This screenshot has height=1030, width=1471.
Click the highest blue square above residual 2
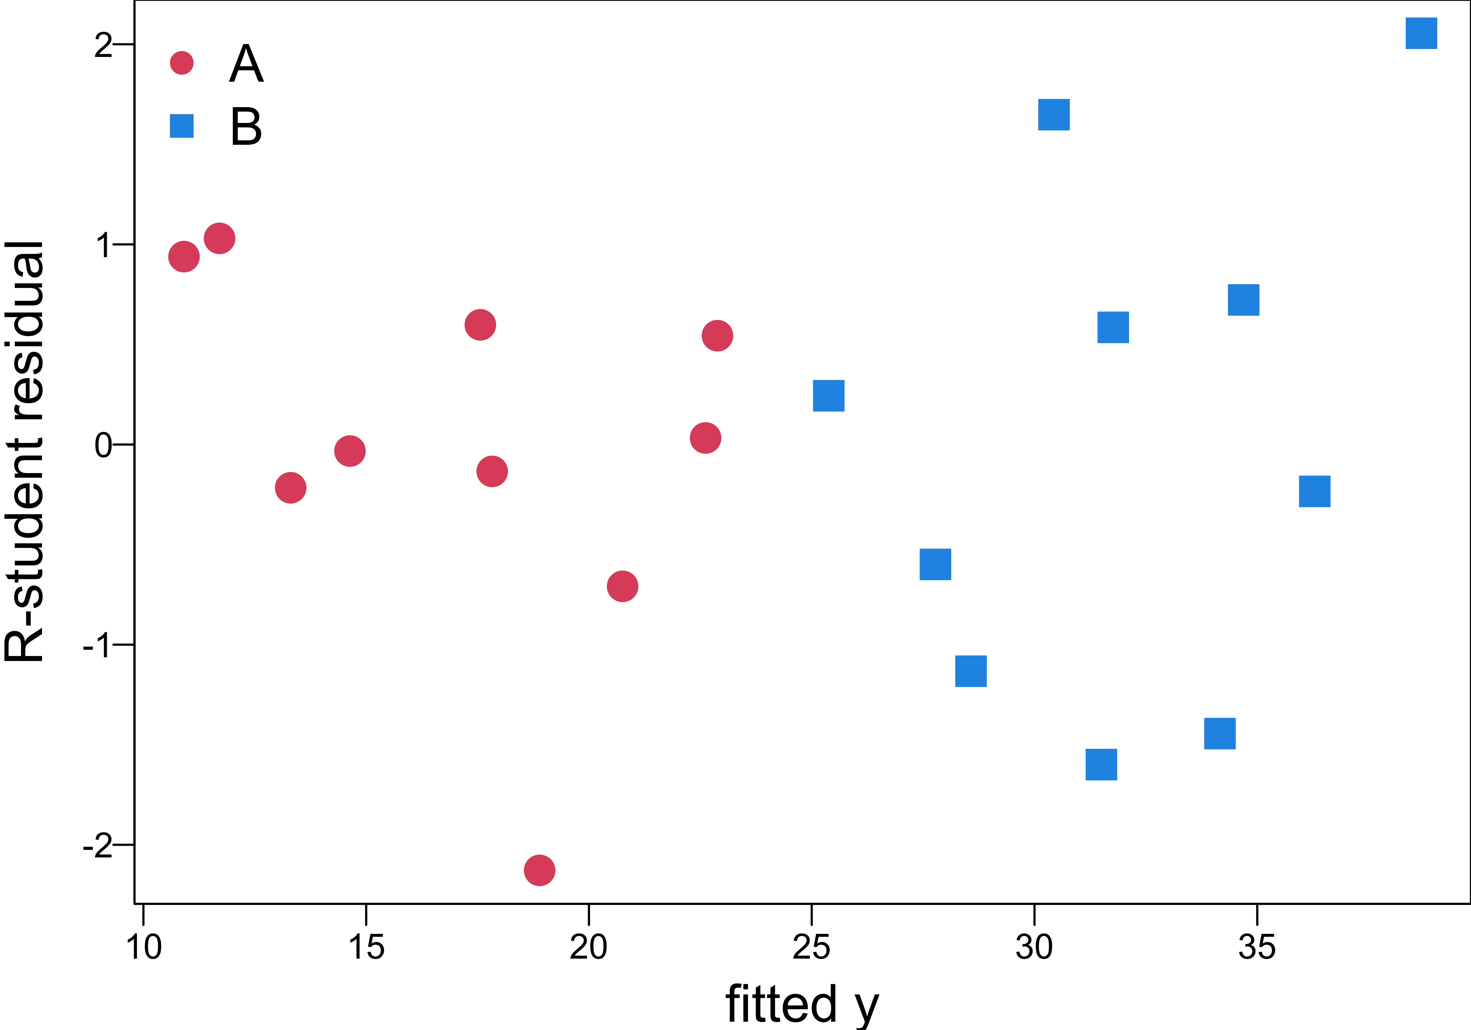1421,33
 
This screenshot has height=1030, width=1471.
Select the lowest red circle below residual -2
539,870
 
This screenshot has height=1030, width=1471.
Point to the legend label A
246,64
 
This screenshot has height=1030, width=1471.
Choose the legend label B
246,126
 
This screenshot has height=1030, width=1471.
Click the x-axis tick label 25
811,947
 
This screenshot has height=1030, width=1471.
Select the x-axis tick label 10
144,947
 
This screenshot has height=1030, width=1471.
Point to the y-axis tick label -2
97,846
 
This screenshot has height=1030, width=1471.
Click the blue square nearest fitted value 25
828,396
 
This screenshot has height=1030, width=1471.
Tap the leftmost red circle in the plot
184,256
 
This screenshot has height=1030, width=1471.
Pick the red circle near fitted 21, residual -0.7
622,586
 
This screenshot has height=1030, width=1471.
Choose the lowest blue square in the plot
1101,764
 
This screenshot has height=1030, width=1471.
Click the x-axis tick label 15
366,947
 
